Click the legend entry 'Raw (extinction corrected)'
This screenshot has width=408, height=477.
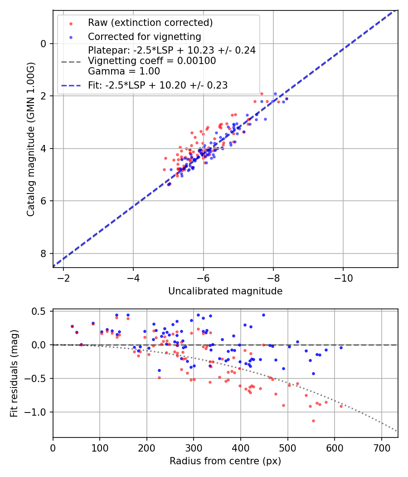point(150,23)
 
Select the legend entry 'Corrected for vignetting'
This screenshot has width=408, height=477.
point(144,37)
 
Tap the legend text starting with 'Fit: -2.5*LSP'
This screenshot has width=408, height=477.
point(158,85)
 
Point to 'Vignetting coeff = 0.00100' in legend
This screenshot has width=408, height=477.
point(152,61)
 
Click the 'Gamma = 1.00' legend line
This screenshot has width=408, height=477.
point(124,71)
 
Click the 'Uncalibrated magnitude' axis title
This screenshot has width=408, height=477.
point(225,291)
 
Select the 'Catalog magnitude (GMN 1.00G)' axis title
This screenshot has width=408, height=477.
point(30,139)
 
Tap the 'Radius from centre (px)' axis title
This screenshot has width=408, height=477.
point(225,461)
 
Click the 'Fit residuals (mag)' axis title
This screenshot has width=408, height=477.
point(14,373)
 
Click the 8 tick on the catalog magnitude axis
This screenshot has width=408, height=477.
point(44,253)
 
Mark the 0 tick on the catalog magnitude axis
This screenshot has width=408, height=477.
point(44,44)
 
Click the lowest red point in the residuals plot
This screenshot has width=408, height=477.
point(313,421)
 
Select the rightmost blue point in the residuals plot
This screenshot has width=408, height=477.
point(341,348)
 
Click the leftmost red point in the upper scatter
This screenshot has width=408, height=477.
point(165,169)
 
